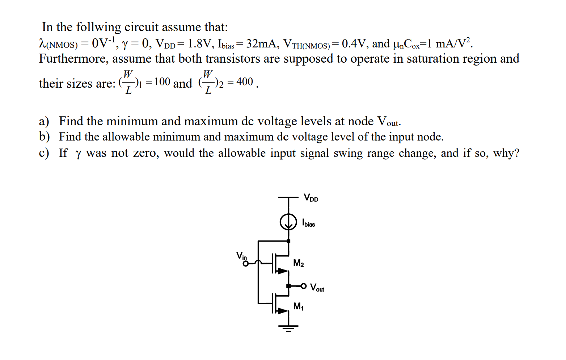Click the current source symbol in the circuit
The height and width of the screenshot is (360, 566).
coord(288,222)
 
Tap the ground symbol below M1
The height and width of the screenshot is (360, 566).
coord(288,328)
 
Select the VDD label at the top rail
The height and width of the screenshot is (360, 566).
coord(311,198)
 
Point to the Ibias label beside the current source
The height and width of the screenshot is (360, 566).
coord(308,223)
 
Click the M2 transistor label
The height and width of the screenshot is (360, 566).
coord(299,263)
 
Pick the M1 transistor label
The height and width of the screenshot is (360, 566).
coord(299,306)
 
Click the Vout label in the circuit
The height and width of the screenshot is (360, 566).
coord(317,288)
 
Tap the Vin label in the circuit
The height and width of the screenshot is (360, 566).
coord(241,256)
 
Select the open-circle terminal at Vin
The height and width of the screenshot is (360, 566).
coord(246,263)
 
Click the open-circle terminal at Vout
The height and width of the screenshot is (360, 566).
coord(303,286)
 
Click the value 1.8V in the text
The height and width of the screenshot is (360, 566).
coord(200,44)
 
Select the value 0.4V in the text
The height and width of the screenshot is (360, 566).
coord(354,44)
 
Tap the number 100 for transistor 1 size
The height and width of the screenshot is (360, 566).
coord(162,82)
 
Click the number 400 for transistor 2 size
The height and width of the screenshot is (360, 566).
coord(245,82)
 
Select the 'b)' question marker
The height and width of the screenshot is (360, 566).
coord(44,137)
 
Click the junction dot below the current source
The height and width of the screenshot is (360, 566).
coord(288,241)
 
